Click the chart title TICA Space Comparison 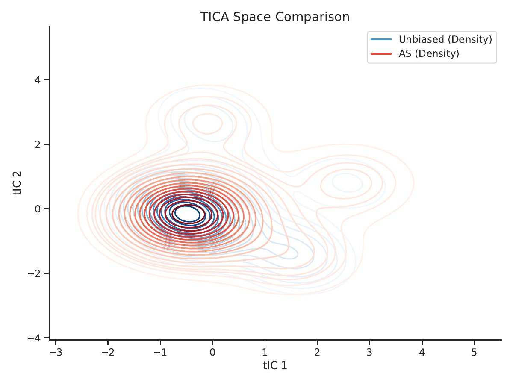point(275,17)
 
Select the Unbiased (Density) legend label point(445,39)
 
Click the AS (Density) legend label point(429,53)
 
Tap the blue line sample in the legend point(381,39)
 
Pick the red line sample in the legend point(381,54)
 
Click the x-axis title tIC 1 point(275,366)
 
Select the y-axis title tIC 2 point(17,183)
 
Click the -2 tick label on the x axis point(108,352)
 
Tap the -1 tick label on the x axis point(161,352)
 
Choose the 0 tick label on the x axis point(212,352)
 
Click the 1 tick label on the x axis point(265,352)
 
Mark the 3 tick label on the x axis point(369,352)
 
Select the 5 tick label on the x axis point(474,352)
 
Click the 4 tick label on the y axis point(38,80)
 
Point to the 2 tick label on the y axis point(38,144)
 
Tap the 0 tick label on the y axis point(38,209)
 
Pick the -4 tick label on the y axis point(34,338)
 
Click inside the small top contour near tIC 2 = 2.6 point(207,123)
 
